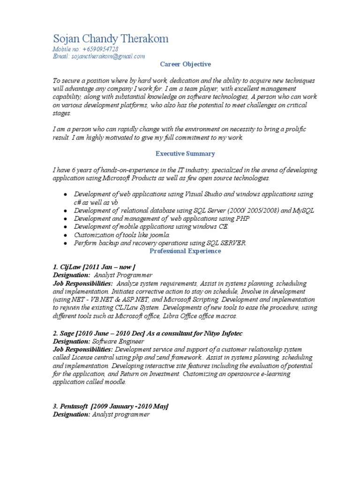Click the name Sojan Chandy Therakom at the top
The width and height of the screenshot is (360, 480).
pyautogui.click(x=111, y=38)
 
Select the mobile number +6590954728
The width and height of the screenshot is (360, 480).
pyautogui.click(x=99, y=49)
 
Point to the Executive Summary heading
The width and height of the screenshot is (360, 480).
pyautogui.click(x=185, y=153)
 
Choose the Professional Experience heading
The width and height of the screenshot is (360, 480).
pyautogui.click(x=185, y=251)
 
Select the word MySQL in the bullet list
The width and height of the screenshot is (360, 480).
pyautogui.click(x=304, y=210)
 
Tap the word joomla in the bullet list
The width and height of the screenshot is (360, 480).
pyautogui.click(x=158, y=234)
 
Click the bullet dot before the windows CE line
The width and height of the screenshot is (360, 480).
pyautogui.click(x=65, y=227)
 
